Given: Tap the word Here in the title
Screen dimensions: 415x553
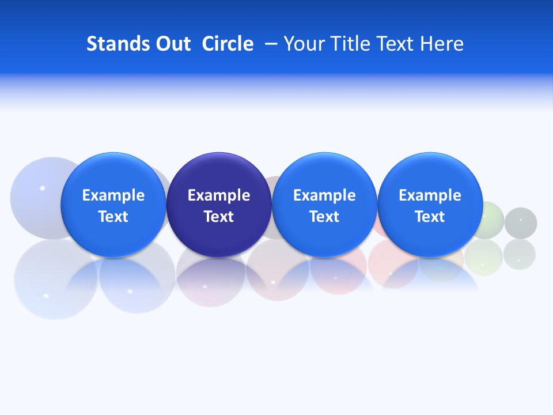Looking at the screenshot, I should [x=442, y=44].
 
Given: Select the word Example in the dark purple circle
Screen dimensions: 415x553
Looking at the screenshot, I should [x=219, y=195].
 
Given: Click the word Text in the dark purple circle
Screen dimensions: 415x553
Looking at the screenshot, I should [x=219, y=217].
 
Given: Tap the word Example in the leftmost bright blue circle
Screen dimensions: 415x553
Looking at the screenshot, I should [x=113, y=195].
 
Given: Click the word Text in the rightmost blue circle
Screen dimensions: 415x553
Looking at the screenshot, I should [x=430, y=217].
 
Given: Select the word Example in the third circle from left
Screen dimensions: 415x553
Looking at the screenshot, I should [x=324, y=195].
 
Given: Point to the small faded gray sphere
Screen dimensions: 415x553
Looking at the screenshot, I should [x=521, y=223].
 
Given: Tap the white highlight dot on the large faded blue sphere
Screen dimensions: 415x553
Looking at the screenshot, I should [x=42, y=188].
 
